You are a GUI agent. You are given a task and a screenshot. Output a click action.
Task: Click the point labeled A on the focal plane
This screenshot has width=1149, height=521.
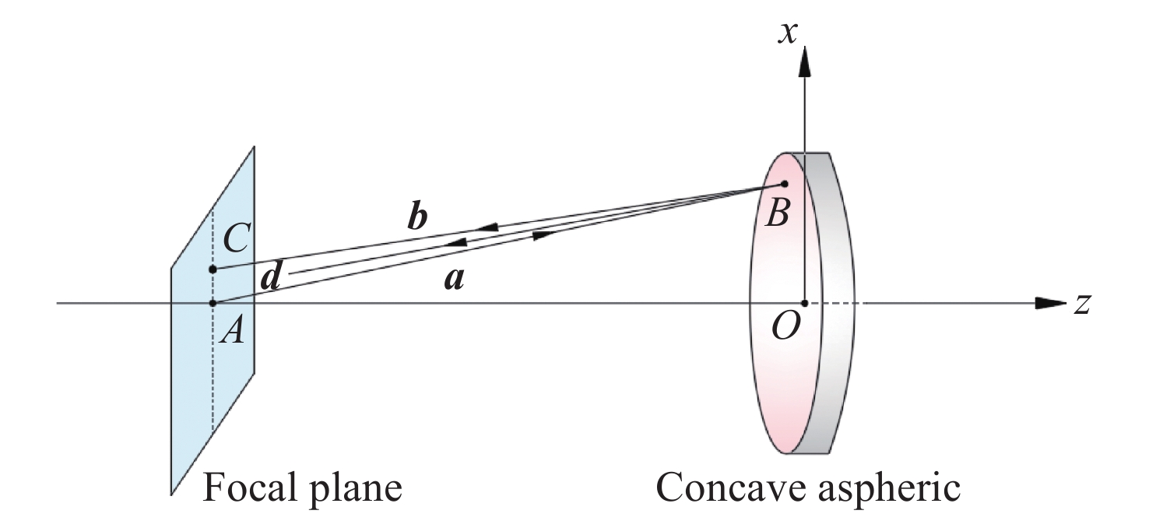pos(213,302)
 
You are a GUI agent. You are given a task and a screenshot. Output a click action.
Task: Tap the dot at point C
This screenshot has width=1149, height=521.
pos(213,269)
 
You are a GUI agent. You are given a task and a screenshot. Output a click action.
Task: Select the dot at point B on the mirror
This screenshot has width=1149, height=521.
pos(785,185)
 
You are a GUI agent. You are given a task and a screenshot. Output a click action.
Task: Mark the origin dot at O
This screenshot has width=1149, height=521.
pos(804,302)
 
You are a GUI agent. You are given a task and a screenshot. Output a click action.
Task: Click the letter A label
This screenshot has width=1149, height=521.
pos(233,333)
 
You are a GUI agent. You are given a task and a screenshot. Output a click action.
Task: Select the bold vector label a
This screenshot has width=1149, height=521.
pos(453,279)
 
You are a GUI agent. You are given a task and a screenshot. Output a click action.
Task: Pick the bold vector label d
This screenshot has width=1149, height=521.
pos(270,276)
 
